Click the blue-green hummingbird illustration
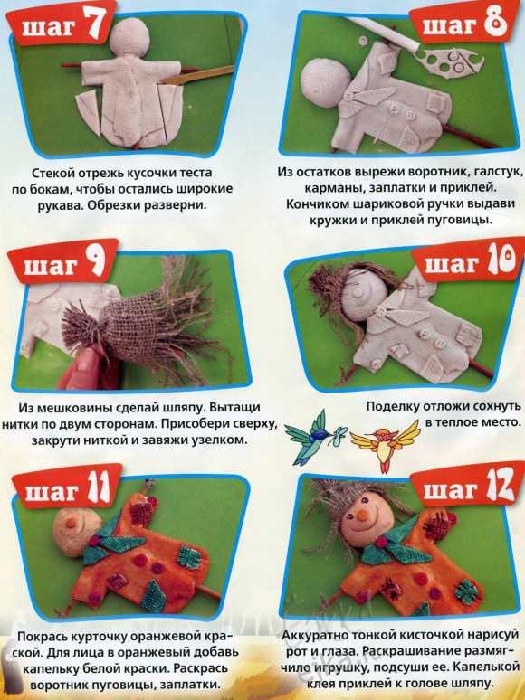pyautogui.click(x=316, y=436)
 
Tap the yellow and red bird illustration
pyautogui.click(x=385, y=445)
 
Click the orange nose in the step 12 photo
pyautogui.click(x=362, y=516)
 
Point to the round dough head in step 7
pyautogui.click(x=129, y=37)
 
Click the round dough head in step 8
pyautogui.click(x=321, y=81)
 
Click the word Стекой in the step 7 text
pyautogui.click(x=53, y=173)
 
